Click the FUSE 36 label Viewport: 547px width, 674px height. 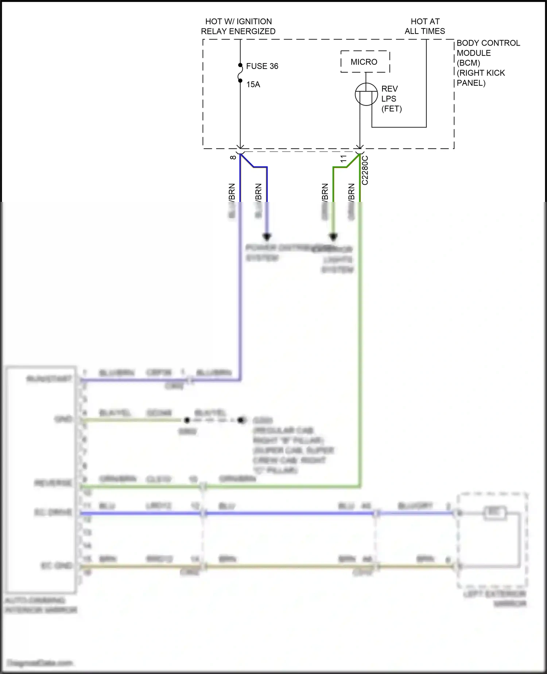[x=262, y=66]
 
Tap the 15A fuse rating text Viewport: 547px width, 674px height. [x=253, y=84]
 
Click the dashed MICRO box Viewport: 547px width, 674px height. [x=365, y=62]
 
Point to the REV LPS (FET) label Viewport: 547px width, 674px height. [x=391, y=99]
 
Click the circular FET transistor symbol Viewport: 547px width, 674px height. [x=366, y=94]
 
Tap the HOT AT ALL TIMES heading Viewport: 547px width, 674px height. [x=425, y=26]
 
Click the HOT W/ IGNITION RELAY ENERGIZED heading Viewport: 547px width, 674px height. [x=238, y=26]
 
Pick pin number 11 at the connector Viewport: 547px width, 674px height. [x=343, y=158]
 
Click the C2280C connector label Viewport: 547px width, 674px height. [x=365, y=170]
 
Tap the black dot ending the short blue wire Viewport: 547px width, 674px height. [x=267, y=237]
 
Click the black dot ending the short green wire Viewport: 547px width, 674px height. [x=333, y=237]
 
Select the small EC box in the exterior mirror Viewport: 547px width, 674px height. [x=495, y=513]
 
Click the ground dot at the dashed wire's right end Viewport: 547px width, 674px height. [x=241, y=420]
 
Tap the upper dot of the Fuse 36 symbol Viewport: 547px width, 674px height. [x=240, y=65]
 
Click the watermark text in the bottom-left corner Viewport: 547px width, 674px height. [x=40, y=662]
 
